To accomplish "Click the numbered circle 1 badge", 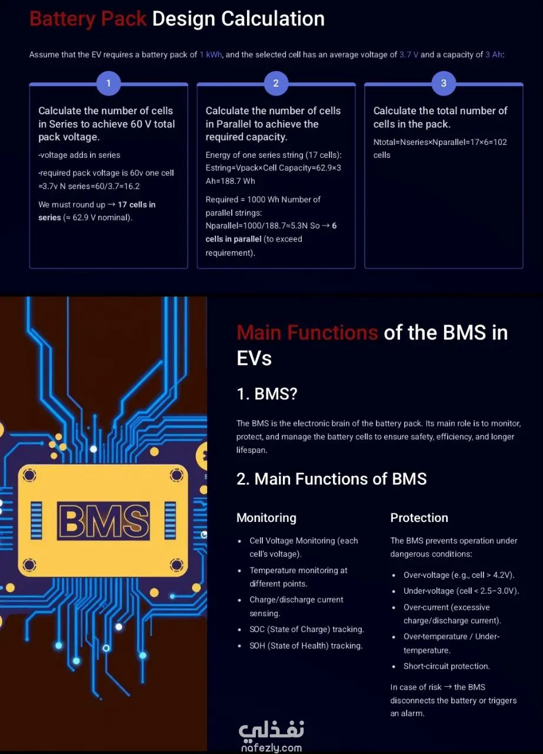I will click(108, 83).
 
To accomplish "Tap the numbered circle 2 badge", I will click(276, 83).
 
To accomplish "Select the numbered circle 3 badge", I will click(444, 83).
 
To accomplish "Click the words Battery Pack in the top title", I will click(88, 19).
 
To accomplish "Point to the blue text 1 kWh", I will click(211, 55).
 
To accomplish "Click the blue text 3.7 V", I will click(409, 55).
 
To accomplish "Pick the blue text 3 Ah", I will click(494, 55).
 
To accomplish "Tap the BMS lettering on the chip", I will click(104, 521).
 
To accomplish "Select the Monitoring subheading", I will click(266, 518).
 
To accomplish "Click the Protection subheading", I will click(419, 518).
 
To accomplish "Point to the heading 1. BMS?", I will click(266, 393).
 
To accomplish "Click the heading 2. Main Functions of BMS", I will click(331, 478).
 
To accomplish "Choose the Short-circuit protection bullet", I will click(446, 666).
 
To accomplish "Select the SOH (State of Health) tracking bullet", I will click(305, 646).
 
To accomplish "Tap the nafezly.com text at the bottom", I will click(271, 748).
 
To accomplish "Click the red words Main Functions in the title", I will click(307, 333).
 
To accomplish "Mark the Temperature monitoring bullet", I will click(298, 577).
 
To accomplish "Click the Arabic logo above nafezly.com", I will click(271, 730).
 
